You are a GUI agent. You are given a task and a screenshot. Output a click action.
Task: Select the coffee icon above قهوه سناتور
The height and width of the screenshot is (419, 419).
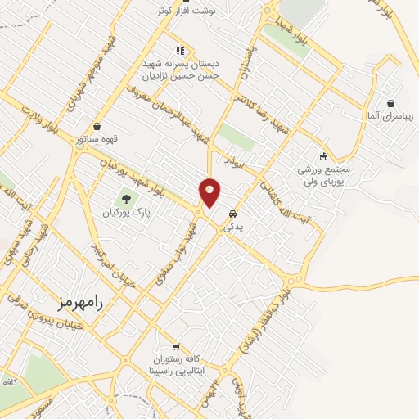coord(98,127)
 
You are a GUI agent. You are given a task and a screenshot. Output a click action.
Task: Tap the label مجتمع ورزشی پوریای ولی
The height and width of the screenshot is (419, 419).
coord(324,174)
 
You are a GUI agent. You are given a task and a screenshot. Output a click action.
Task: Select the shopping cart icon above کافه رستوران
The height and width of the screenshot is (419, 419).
coord(176,346)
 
